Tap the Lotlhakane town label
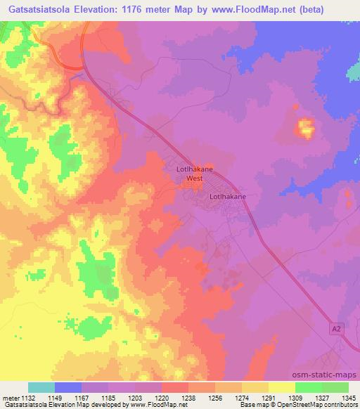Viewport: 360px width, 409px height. pyautogui.click(x=228, y=197)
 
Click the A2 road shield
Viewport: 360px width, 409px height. pyautogui.click(x=338, y=328)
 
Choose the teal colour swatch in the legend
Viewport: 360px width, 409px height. pyautogui.click(x=41, y=387)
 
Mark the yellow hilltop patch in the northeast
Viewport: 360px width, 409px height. pyautogui.click(x=306, y=127)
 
